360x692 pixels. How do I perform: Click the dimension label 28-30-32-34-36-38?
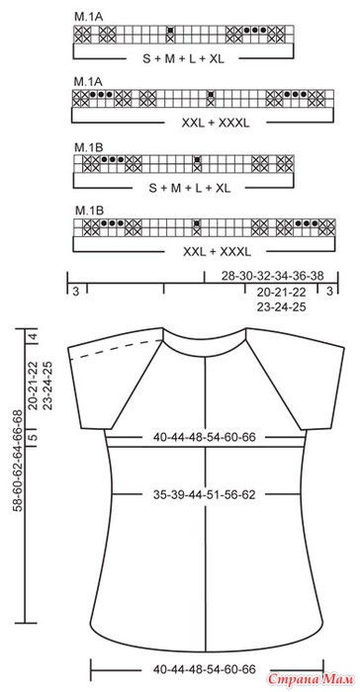273,276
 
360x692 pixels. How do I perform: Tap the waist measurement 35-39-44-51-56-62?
205,494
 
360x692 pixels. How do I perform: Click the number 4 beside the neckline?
32,338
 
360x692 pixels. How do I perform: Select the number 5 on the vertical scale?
32,437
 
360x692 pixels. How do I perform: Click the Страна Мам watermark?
311,677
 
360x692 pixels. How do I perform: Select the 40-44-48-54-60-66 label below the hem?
205,669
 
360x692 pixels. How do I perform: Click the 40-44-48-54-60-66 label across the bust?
205,437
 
